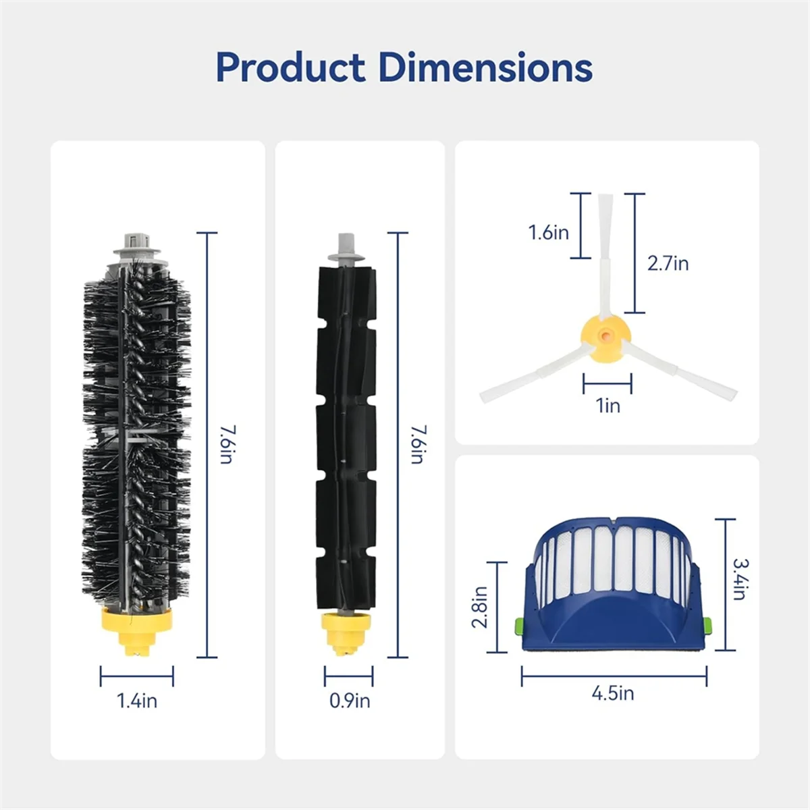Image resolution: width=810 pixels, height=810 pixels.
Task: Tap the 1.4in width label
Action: [x=137, y=701]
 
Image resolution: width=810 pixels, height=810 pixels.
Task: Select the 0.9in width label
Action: [x=349, y=701]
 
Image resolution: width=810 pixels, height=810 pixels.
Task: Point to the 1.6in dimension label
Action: [x=548, y=233]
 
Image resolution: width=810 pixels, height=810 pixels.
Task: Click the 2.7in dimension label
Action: [x=668, y=263]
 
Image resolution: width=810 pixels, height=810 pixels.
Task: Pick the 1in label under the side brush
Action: [x=607, y=406]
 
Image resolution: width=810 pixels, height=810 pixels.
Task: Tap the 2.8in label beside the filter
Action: [x=480, y=606]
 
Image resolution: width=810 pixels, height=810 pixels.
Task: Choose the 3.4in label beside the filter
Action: [x=740, y=578]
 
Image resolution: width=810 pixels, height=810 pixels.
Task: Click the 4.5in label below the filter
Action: [x=613, y=693]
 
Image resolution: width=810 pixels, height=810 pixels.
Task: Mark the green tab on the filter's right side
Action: [x=707, y=626]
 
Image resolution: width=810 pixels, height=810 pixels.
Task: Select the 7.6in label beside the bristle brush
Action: [x=227, y=444]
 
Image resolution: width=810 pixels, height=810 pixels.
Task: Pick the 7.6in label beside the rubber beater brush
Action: [x=418, y=444]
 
